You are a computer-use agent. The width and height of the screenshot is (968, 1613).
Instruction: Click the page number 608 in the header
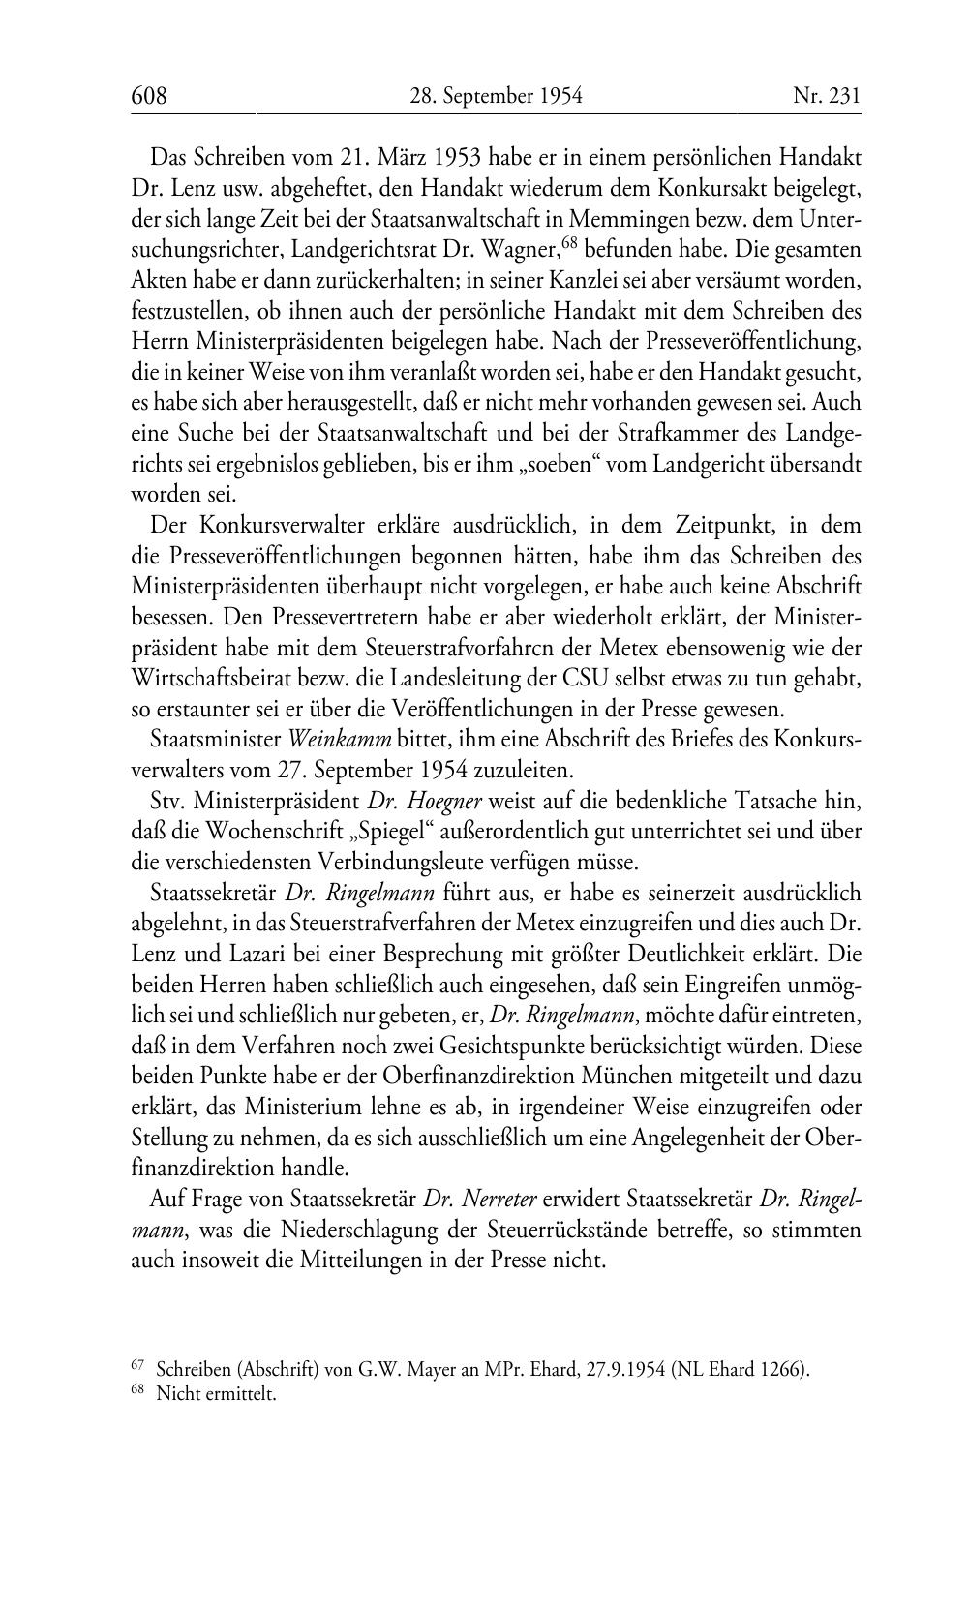coord(149,96)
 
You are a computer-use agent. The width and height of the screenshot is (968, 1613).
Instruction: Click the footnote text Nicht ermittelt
coord(216,1395)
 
